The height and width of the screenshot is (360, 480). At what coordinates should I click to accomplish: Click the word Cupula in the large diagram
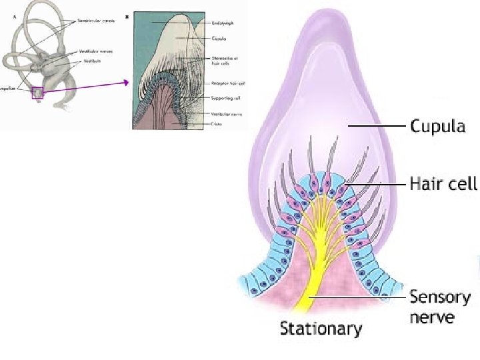(x=437, y=125)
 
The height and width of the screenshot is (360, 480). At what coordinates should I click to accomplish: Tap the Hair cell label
(x=443, y=183)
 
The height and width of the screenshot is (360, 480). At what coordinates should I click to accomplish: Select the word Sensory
(x=439, y=297)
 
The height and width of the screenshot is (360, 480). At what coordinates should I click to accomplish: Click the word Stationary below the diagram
(x=321, y=329)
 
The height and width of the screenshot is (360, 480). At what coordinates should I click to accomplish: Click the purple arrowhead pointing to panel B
(x=125, y=83)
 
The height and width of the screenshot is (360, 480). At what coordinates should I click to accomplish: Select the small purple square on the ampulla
(x=37, y=94)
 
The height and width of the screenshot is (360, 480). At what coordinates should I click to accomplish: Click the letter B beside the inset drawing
(x=129, y=13)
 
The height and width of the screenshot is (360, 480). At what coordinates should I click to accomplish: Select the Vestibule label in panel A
(x=93, y=61)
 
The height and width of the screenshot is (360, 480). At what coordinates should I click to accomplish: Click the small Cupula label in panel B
(x=217, y=37)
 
